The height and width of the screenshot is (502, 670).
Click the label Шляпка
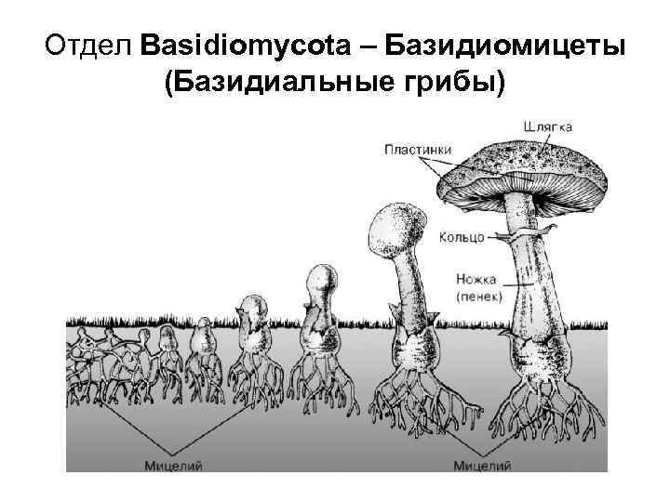(548, 125)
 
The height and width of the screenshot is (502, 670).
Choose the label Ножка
(476, 278)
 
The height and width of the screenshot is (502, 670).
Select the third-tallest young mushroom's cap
(319, 279)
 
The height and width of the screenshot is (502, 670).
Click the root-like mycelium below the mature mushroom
(538, 400)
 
